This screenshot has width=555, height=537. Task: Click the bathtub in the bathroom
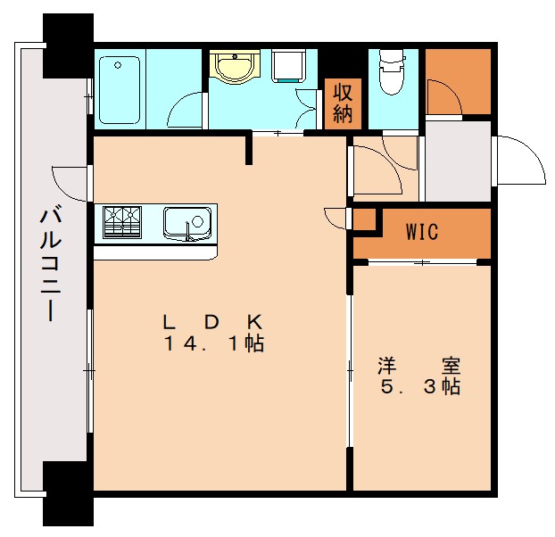point(119,90)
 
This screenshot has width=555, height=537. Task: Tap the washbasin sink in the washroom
point(236,67)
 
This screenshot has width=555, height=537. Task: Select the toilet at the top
point(391,72)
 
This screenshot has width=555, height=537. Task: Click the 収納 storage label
point(343,102)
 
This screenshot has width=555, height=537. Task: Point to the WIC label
point(421,233)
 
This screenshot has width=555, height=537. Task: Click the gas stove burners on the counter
point(123,222)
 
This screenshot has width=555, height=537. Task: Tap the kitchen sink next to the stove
point(186,221)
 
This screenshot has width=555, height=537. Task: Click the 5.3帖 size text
point(418,388)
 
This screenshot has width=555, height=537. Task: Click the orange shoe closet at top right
point(458,82)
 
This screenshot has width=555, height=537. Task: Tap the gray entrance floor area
point(457,161)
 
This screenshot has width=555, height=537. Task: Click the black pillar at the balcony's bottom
point(67,496)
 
